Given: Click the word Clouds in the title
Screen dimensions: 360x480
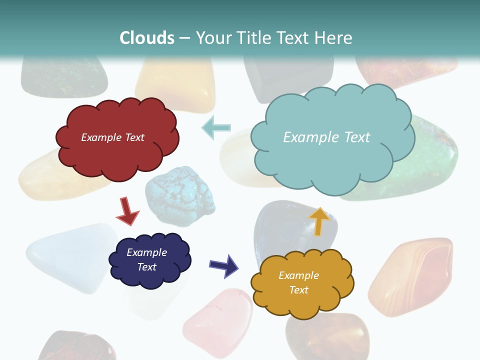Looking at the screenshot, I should click(x=147, y=38).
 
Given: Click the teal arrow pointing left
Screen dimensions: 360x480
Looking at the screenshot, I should click(x=216, y=127).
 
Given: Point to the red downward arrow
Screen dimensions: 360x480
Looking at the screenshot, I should click(x=127, y=211).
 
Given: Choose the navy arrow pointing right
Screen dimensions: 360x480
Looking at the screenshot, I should click(x=224, y=265).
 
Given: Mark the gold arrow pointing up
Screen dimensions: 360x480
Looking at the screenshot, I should click(x=319, y=221).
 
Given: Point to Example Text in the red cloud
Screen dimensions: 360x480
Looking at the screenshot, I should click(x=113, y=137).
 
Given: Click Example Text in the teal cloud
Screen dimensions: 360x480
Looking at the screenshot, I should click(x=326, y=137).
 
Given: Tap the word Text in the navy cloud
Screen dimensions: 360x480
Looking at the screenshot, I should click(x=147, y=267).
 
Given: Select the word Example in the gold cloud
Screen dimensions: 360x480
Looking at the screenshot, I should click(x=298, y=275).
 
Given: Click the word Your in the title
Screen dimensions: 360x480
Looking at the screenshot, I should click(x=210, y=38).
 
